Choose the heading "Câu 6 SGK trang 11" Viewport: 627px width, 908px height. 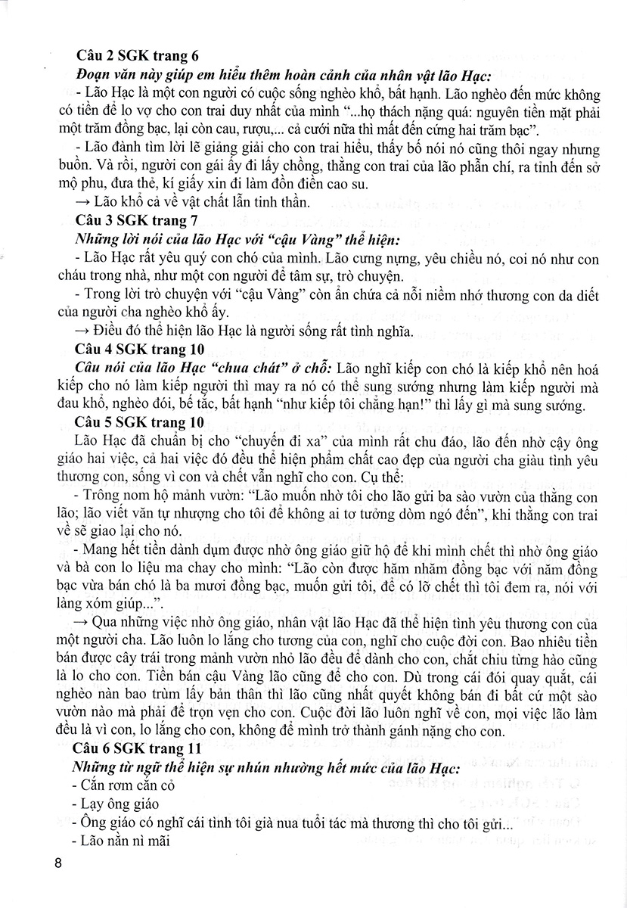coord(139,748)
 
